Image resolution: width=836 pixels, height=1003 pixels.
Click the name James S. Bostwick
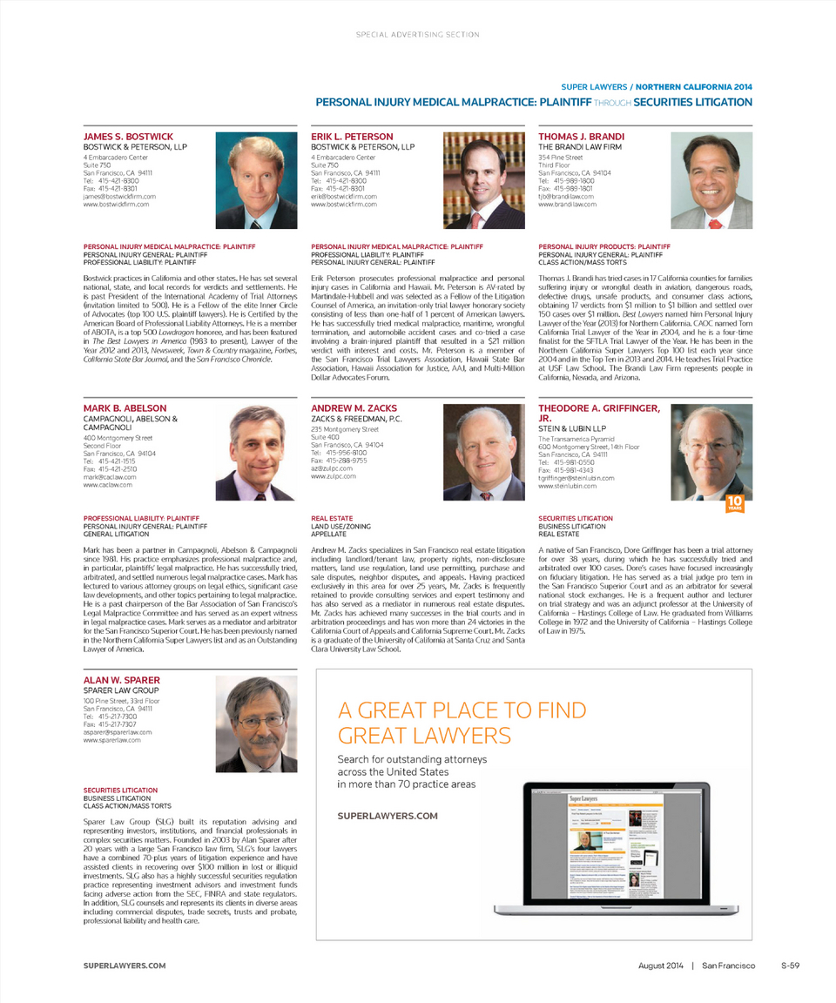coord(128,137)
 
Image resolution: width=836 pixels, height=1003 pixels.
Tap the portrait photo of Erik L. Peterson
coord(484,180)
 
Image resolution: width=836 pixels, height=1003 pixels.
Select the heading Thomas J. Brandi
coord(581,137)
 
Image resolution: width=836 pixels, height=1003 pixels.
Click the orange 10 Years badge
coord(735,504)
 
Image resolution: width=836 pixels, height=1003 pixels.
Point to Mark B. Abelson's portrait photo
coord(256,452)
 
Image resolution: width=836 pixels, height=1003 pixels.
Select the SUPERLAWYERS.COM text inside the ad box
coord(387,816)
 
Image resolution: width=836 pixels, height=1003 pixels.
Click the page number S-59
coord(790,966)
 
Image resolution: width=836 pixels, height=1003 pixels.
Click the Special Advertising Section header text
coord(418,35)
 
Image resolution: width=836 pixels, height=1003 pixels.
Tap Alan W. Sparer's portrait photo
coord(256,724)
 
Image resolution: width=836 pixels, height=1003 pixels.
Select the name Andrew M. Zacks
coord(354,408)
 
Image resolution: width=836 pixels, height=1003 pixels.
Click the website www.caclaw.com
coord(108,484)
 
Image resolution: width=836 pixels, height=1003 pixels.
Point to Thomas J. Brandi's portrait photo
coord(711,180)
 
